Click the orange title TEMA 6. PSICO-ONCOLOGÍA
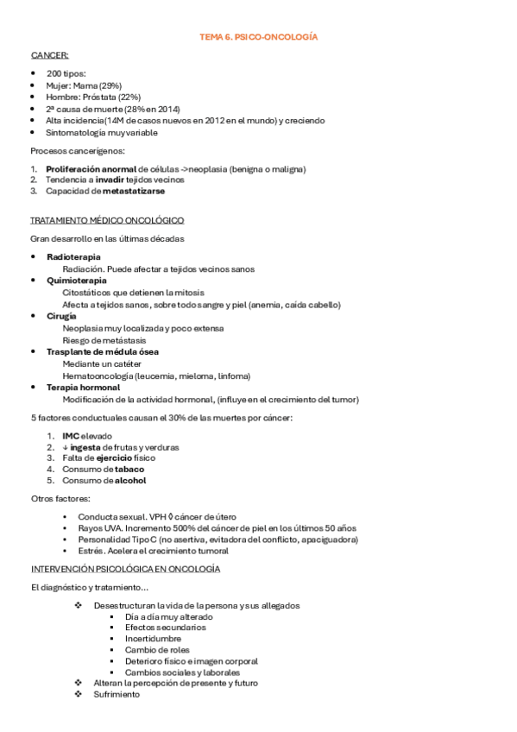coord(259,37)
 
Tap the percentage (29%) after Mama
coord(109,86)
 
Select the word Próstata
coord(102,98)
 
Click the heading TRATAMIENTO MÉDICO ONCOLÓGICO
coord(106,221)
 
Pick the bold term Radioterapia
coord(73,257)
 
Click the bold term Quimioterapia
coord(77,281)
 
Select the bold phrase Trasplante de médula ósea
coord(102,352)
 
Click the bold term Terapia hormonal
coord(83,388)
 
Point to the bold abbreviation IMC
coord(71,436)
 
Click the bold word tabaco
coord(129,469)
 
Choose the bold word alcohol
coord(130,480)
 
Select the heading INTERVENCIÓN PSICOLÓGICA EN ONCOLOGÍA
coord(125,569)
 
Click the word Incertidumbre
coord(152,639)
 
